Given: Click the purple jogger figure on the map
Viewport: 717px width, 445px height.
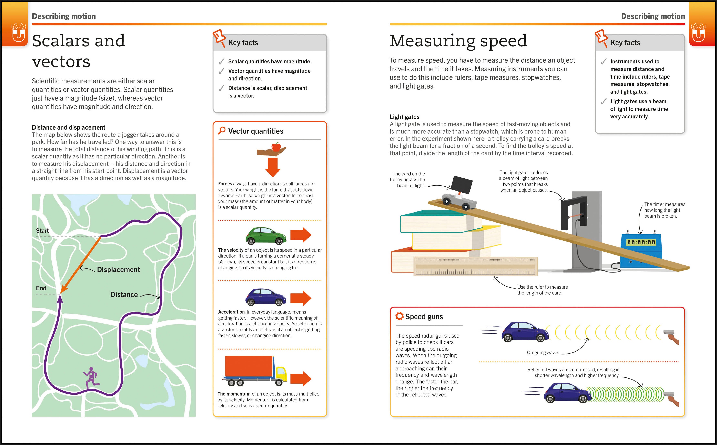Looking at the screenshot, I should coord(91,378).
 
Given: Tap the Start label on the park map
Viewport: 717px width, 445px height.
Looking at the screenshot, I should coord(42,231).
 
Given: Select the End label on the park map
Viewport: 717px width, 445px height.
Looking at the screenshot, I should coord(41,288).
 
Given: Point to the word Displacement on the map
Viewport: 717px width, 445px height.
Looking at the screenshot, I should coord(118,270).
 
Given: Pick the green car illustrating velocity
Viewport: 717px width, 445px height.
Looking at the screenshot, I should coord(266,236).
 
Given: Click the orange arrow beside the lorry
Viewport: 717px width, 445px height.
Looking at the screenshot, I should coord(301,379).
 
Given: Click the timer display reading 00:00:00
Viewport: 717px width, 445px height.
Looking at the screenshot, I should coord(641,242).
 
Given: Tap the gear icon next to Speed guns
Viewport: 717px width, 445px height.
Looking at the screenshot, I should coord(399,316).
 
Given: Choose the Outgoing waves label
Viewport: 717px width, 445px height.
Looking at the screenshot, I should coord(543,353).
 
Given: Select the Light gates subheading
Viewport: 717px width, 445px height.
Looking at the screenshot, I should coord(404,117).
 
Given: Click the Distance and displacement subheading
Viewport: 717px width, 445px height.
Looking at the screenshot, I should coord(69,127).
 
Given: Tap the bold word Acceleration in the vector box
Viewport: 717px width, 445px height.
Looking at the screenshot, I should coord(231,312).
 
